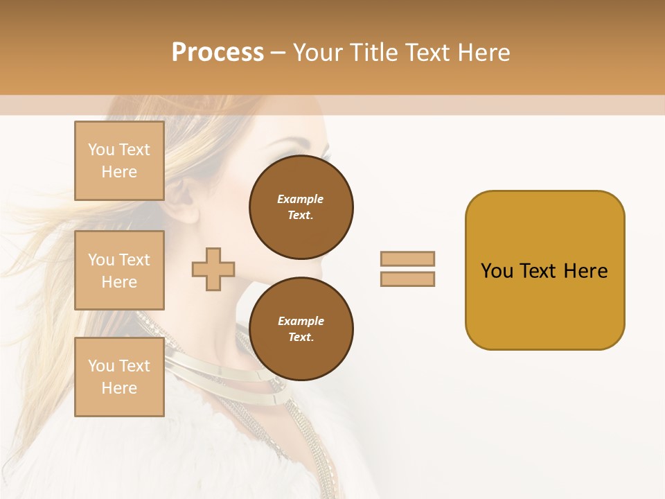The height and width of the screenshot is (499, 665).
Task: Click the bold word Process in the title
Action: click(218, 53)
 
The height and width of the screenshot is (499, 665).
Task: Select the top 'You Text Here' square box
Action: click(119, 161)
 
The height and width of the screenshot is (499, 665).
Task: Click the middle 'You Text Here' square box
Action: click(119, 270)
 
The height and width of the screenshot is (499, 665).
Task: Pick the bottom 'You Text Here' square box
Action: click(119, 377)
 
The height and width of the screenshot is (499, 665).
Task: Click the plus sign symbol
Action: click(213, 269)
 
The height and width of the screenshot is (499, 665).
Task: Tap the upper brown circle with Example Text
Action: click(301, 207)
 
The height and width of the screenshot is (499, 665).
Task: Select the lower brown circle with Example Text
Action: click(301, 329)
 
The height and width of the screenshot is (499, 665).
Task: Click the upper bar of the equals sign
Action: click(407, 259)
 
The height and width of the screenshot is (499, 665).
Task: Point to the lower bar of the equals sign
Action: click(407, 279)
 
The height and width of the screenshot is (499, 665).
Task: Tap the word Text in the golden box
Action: click(538, 271)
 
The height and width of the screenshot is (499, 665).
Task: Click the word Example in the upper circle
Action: click(301, 199)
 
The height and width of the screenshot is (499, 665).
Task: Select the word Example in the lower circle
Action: click(301, 321)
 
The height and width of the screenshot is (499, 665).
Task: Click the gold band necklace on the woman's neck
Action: click(208, 367)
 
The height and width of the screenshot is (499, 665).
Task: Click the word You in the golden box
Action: click(497, 271)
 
